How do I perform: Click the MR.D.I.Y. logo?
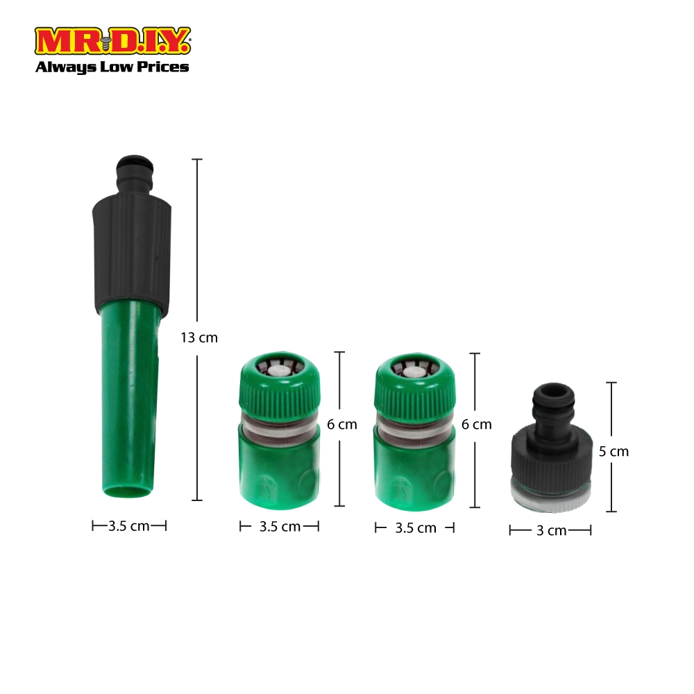(112, 41)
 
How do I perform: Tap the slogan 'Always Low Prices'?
(112, 67)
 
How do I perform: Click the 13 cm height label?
(199, 338)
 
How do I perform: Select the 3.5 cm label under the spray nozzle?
(129, 526)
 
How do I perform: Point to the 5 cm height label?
(613, 452)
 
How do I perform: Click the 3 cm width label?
(551, 530)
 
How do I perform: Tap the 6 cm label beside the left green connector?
(341, 425)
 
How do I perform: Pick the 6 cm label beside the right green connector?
(476, 425)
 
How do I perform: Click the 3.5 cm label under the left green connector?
(280, 527)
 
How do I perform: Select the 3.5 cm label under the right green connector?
(416, 528)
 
